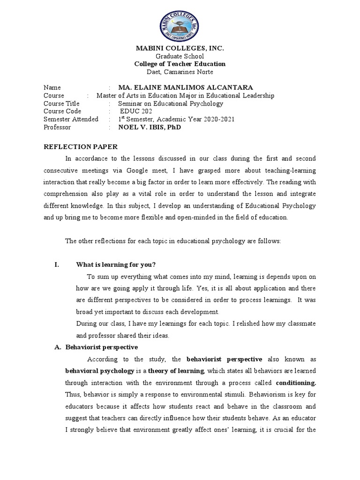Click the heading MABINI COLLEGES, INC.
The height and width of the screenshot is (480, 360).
pos(180,48)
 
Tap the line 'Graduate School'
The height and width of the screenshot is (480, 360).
pos(180,56)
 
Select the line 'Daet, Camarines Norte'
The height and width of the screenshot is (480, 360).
pos(180,72)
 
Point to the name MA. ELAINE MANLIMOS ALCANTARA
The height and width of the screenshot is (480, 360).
pos(186,88)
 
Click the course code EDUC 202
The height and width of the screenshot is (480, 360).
pos(135,111)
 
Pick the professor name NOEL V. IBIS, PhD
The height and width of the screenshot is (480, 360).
pos(149,127)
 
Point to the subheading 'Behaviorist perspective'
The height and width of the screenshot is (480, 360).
pos(101,347)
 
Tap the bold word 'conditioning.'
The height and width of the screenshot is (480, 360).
pos(296,383)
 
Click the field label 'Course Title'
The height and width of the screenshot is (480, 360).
pos(61,104)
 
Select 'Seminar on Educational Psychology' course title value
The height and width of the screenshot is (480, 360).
pos(171,104)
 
